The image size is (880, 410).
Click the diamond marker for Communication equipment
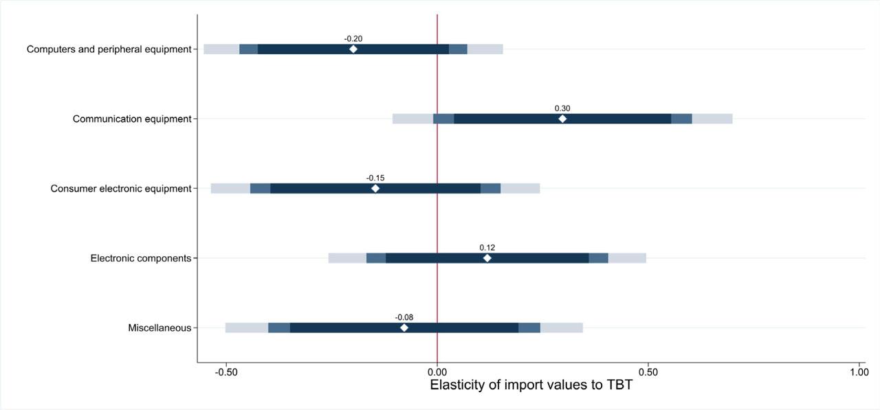point(562,119)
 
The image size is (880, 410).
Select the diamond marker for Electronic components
point(487,258)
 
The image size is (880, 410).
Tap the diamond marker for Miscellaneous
point(404,328)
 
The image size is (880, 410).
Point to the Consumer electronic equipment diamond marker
point(375,188)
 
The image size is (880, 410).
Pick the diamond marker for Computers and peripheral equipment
point(353,49)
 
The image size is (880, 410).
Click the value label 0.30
point(562,109)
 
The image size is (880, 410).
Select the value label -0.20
point(353,38)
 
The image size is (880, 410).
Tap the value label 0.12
point(487,248)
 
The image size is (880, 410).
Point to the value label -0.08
point(404,317)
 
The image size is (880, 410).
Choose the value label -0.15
point(375,178)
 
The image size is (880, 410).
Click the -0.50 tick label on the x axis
point(226,372)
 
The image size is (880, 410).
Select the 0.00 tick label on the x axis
point(437,372)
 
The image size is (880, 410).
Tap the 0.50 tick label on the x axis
point(648,372)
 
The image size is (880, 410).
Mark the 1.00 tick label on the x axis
point(859,372)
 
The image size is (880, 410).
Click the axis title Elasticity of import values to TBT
point(531,385)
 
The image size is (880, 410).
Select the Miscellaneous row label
point(159,328)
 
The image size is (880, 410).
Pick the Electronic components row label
point(140,258)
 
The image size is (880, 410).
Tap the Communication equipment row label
point(132,119)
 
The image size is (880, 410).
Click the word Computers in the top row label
point(50,49)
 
